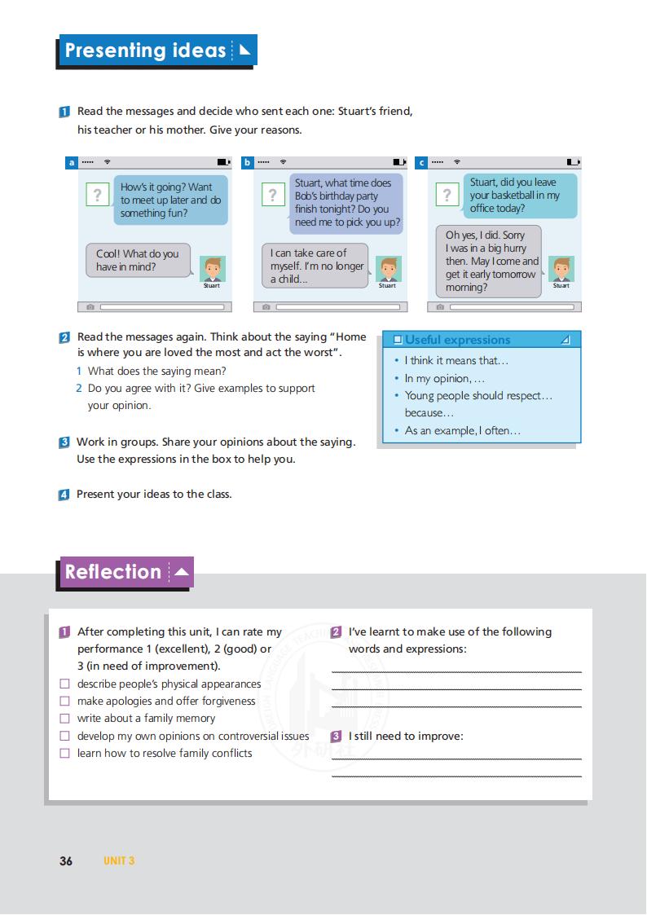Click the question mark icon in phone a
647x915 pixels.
tap(97, 195)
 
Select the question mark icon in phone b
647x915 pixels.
tap(272, 195)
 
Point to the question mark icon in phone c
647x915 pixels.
tap(447, 195)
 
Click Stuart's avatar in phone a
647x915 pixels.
tap(212, 269)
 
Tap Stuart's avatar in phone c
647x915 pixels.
tap(561, 268)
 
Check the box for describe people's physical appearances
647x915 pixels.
tap(65, 684)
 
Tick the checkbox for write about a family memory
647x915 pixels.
tap(65, 719)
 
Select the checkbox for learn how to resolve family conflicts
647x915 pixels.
tap(65, 754)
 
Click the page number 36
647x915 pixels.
tap(66, 861)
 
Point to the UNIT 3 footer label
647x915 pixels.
tap(119, 861)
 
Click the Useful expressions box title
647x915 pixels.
tap(457, 340)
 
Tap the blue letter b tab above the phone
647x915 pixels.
tap(247, 163)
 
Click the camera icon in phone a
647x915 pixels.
tap(90, 307)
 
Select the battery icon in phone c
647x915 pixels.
tap(573, 162)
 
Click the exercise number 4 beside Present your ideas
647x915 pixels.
tap(64, 495)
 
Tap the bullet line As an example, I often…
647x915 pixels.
tap(462, 430)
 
